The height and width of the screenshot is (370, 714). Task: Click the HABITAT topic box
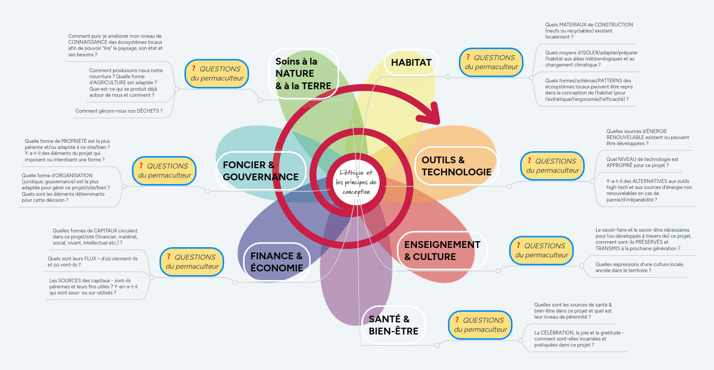tap(411, 63)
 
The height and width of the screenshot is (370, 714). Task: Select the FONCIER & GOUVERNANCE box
tap(260, 171)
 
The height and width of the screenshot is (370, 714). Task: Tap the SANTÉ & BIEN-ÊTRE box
tap(393, 325)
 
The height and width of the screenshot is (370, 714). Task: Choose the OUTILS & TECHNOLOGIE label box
tap(456, 166)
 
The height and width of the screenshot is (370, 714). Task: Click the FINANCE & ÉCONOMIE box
tap(276, 262)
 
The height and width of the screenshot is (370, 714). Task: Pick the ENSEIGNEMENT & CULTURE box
tap(442, 251)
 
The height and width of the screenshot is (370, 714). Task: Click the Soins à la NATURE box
tap(303, 74)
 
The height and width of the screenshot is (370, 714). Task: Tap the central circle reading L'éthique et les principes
tap(356, 182)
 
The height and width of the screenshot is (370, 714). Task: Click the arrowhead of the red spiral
tap(431, 114)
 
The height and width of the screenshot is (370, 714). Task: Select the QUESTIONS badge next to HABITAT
tap(491, 62)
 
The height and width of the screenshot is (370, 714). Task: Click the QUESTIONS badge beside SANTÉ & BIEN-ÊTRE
tap(480, 325)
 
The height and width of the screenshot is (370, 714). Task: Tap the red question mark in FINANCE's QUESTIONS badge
tap(169, 257)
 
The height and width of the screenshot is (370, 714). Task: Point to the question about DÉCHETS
tap(119, 111)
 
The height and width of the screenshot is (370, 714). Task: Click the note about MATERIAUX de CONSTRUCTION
tap(589, 31)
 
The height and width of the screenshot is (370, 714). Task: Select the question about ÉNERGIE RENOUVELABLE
tap(647, 137)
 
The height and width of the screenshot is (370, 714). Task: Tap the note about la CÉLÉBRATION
tap(578, 339)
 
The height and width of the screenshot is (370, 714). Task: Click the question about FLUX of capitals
tap(93, 262)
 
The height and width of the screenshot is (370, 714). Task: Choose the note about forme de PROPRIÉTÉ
tap(67, 150)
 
